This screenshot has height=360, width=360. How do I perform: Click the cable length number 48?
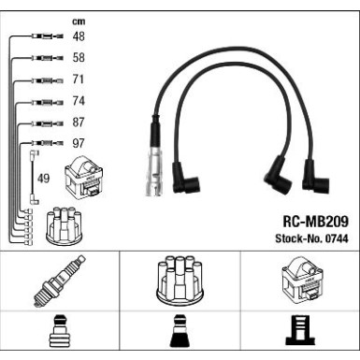(79, 36)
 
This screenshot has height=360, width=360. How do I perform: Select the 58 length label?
(79, 58)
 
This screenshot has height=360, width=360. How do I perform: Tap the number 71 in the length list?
(79, 79)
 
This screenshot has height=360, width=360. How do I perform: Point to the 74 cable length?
(79, 101)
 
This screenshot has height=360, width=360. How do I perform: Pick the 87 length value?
(79, 122)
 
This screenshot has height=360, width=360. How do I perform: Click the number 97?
(79, 143)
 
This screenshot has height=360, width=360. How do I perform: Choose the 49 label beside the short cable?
(43, 179)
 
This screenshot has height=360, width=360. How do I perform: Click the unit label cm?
(79, 22)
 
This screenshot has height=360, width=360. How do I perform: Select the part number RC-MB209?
(315, 222)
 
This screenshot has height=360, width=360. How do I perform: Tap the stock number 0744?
(337, 238)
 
